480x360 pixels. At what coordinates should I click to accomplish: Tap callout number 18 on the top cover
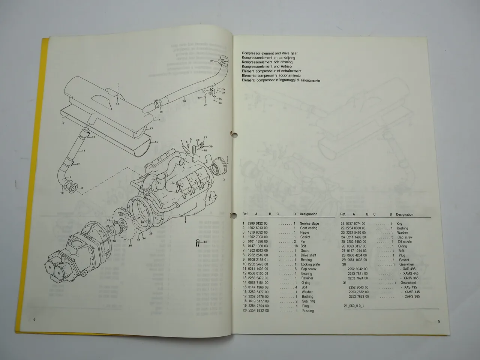[x=117, y=104]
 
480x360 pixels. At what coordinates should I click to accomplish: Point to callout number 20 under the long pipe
[x=184, y=101]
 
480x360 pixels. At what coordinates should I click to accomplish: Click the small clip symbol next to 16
[x=198, y=243]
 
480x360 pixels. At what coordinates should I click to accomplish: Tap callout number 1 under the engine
[x=185, y=222]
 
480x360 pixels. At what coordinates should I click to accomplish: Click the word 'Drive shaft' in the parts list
[x=308, y=255]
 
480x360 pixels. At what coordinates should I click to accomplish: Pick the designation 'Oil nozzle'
[x=404, y=242]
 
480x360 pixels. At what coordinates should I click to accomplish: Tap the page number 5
[x=438, y=321]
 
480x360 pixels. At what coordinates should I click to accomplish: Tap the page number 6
[x=34, y=319]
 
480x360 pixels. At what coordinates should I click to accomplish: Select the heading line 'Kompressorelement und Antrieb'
[x=267, y=67]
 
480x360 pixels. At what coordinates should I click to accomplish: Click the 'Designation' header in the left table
[x=309, y=214]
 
